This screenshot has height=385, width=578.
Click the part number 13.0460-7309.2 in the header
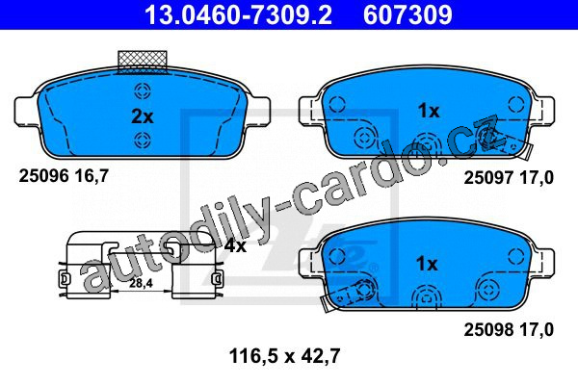[238, 14]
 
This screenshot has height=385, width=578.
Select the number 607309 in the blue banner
[407, 14]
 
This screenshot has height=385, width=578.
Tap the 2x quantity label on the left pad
[143, 116]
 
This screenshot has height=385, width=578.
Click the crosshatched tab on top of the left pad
[143, 62]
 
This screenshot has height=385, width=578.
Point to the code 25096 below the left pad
[44, 176]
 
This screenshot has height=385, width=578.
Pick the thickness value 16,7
[92, 176]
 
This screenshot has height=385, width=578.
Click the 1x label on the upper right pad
[429, 111]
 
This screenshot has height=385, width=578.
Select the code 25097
[488, 178]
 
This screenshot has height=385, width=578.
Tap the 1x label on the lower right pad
[427, 264]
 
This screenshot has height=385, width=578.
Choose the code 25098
[488, 330]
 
